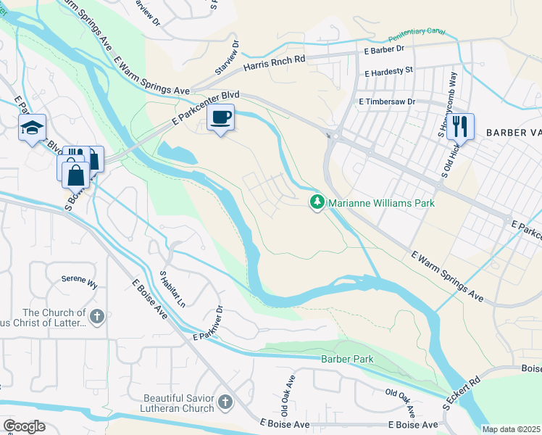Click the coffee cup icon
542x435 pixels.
coord(221,117)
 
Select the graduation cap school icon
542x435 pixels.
coord(32,128)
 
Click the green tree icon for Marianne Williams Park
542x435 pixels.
coord(317,202)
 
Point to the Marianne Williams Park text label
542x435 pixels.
coord(382,203)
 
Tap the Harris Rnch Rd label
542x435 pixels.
coord(275,64)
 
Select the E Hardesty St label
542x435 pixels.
coord(388,72)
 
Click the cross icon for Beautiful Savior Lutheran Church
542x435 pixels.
coord(225,400)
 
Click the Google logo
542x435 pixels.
coord(25,426)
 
